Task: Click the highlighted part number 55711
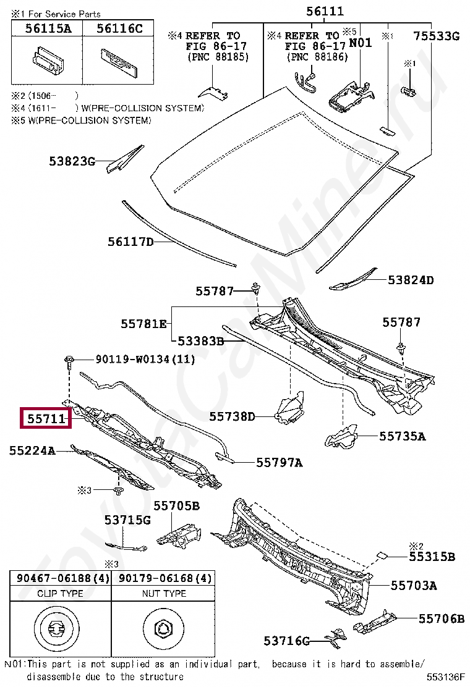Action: pos(46,419)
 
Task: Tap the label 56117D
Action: pos(130,242)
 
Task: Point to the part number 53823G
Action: pos(72,162)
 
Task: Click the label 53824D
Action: pos(411,280)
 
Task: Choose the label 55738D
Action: pos(232,416)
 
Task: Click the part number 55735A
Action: pos(403,436)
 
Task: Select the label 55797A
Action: pos(279,462)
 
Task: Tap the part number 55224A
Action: pos(32,451)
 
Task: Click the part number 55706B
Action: pos(441,618)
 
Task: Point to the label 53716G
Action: pos(286,641)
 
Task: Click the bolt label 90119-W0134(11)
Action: pos(145,359)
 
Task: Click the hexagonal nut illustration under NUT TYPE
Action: pos(164,630)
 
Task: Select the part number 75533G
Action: pos(436,36)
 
